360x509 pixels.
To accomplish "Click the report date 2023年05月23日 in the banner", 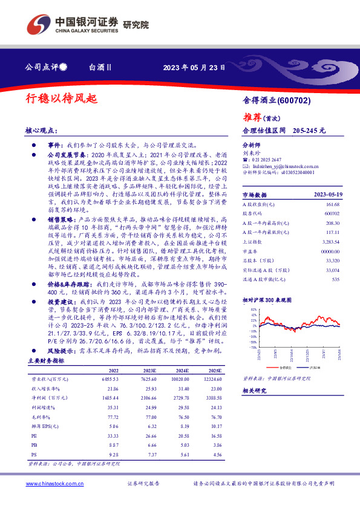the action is coord(195,68).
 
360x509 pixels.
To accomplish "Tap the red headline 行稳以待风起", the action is coord(61,97).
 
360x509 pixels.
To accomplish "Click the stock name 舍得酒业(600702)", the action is coord(277,100).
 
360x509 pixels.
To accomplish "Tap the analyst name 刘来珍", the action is coord(250,154).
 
